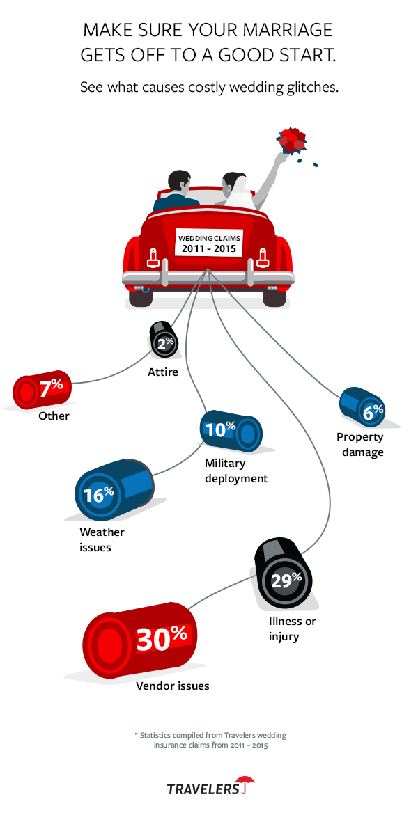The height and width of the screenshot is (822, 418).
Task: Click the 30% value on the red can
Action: click(x=162, y=638)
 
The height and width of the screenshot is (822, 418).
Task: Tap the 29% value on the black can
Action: click(x=286, y=579)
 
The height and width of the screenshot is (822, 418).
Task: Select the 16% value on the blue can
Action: click(x=99, y=495)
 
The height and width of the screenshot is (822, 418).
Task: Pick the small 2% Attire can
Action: click(x=165, y=342)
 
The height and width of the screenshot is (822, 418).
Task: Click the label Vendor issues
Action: click(x=173, y=686)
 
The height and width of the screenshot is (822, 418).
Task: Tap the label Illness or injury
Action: click(x=292, y=629)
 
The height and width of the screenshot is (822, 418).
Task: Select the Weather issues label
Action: click(x=102, y=539)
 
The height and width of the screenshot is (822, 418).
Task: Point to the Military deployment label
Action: click(x=236, y=471)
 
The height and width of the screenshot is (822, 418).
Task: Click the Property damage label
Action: click(x=360, y=445)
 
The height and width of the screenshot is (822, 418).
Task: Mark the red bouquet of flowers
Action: click(x=291, y=140)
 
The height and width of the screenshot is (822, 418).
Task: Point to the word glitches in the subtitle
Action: click(x=311, y=88)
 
